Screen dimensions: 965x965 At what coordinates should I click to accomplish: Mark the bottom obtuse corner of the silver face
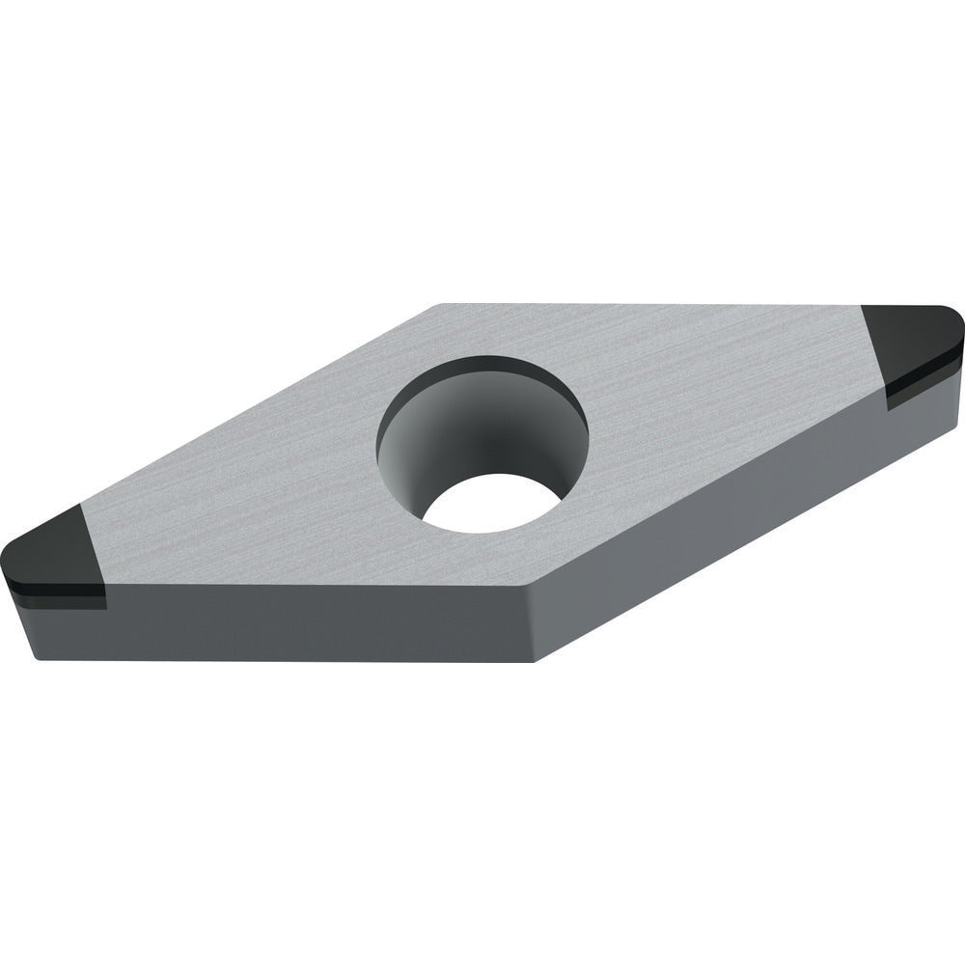(x=530, y=586)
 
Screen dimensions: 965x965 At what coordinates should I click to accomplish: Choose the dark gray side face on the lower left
(x=289, y=622)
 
